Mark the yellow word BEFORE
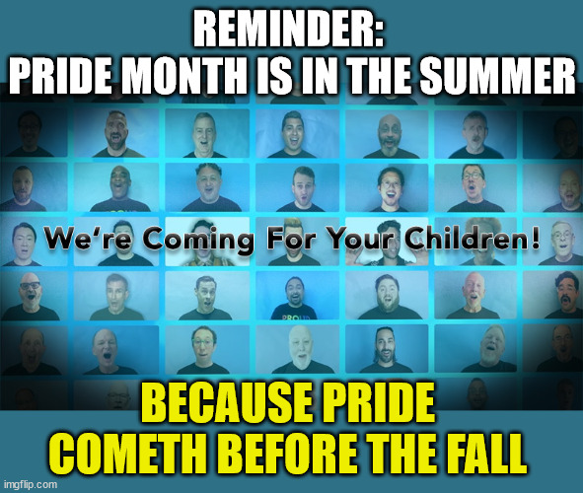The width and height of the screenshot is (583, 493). click(x=285, y=454)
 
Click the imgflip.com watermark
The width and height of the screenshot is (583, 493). click(x=31, y=484)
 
